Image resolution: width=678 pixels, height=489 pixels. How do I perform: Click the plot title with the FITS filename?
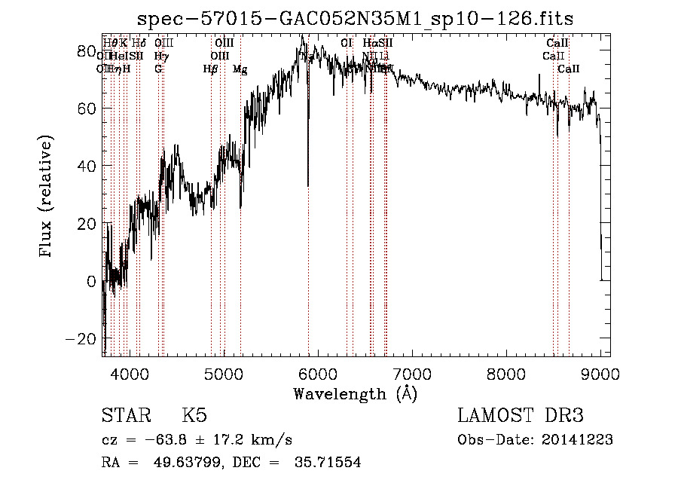[362, 18]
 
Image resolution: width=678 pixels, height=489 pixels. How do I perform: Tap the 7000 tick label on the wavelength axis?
[412, 373]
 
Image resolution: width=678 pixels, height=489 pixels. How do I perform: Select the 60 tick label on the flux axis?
[87, 108]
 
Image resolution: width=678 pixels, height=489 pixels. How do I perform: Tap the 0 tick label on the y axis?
[91, 281]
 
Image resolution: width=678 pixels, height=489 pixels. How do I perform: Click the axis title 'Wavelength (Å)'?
[355, 393]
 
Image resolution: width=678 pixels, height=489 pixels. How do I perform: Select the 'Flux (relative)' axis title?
[47, 197]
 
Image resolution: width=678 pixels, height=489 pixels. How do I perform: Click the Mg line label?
[240, 69]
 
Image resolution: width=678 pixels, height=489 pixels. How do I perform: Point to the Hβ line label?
[210, 69]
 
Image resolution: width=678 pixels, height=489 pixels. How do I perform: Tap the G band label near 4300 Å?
[158, 69]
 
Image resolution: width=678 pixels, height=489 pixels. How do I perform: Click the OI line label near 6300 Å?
[347, 44]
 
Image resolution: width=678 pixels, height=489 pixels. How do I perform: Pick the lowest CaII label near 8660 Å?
[569, 69]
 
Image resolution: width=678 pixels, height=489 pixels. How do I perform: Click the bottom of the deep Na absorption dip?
[307, 185]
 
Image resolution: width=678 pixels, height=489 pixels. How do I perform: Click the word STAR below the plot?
[125, 416]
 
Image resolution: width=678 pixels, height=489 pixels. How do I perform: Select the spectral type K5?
[194, 416]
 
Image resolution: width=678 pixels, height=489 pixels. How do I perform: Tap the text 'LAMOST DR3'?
[521, 416]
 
